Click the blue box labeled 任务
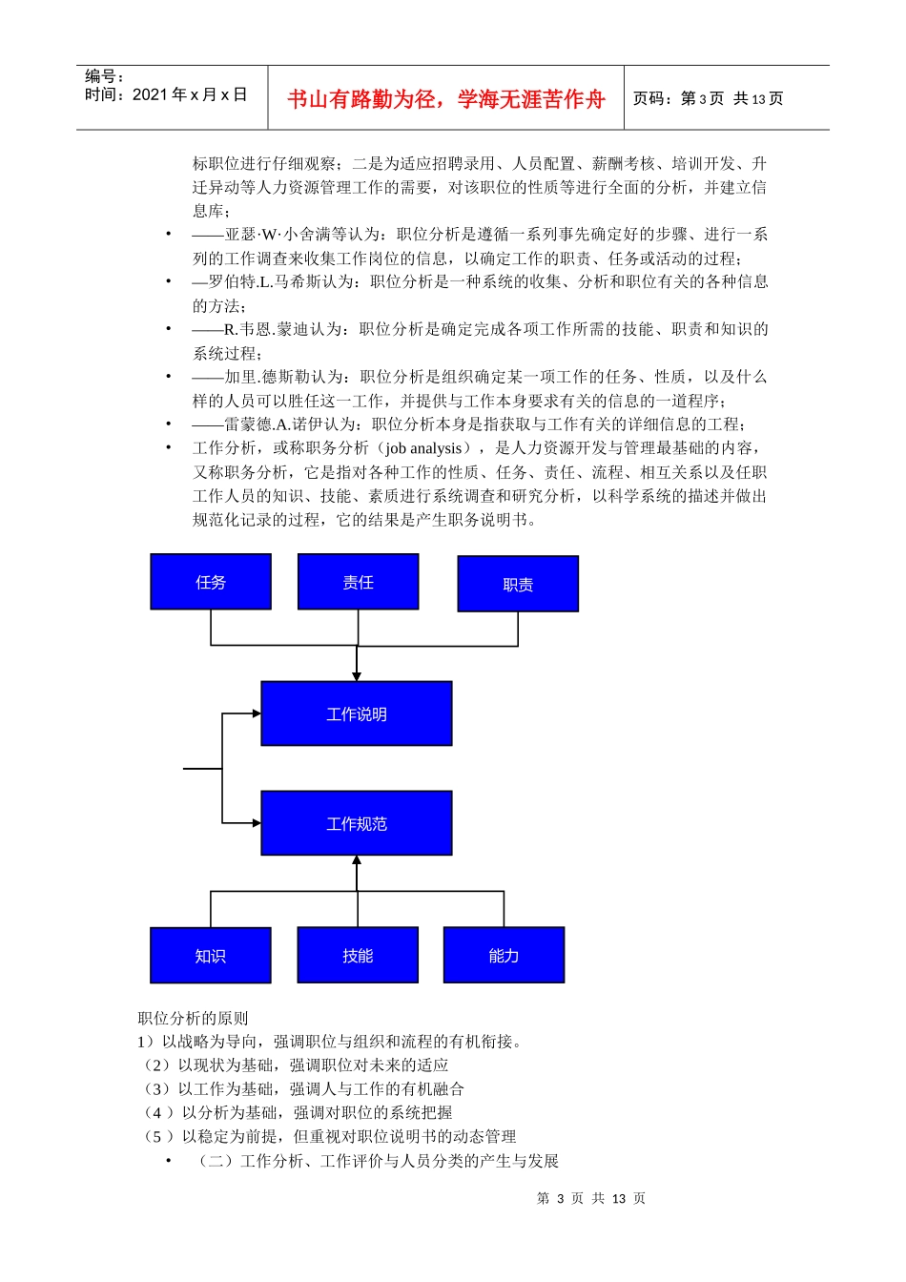211,582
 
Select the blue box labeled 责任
358,582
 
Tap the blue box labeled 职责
518,584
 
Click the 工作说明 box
357,713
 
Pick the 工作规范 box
357,823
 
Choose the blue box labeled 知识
211,955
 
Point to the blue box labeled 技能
358,955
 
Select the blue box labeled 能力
504,955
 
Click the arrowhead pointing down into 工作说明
357,676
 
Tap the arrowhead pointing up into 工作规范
357,860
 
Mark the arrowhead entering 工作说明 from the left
256,713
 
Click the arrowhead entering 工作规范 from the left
256,822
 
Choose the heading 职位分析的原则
193,1018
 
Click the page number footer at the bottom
591,1198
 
